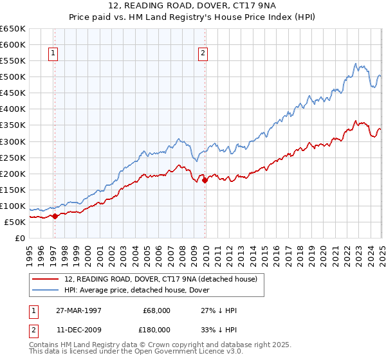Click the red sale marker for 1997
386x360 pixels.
pos(55,216)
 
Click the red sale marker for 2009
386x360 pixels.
pos(205,181)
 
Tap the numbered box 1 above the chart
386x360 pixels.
pos(53,54)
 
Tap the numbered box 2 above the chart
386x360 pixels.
pos(203,54)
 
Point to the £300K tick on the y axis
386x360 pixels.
pos(13,141)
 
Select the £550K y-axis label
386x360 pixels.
pos(13,61)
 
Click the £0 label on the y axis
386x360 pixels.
pos(19,238)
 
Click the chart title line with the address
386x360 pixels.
pos(192,7)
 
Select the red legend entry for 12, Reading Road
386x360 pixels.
pos(161,279)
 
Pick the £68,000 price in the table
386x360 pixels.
pos(156,310)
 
